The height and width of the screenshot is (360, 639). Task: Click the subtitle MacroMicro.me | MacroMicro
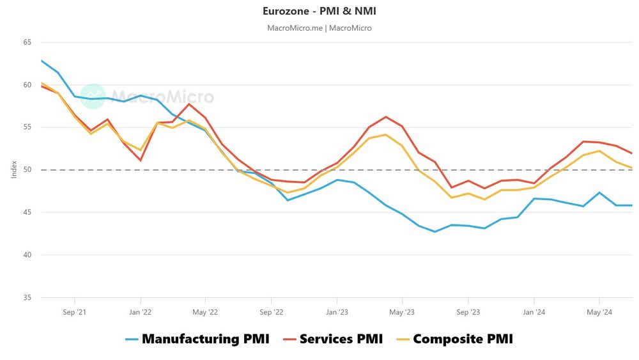pyautogui.click(x=319, y=28)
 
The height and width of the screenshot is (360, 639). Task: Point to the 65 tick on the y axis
pyautogui.click(x=27, y=42)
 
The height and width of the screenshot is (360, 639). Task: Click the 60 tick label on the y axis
pyautogui.click(x=27, y=84)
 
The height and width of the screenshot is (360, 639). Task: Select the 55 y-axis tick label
pyautogui.click(x=27, y=127)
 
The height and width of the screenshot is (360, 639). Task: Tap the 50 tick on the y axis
pyautogui.click(x=27, y=170)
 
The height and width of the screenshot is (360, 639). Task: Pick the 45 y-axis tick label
pyautogui.click(x=27, y=212)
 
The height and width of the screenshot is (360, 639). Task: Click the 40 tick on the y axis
pyautogui.click(x=27, y=255)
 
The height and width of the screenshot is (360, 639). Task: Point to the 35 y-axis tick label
pyautogui.click(x=27, y=297)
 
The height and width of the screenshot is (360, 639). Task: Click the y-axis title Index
pyautogui.click(x=14, y=170)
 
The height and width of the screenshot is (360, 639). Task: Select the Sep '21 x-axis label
pyautogui.click(x=75, y=313)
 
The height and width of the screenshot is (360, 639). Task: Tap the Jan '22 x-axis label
pyautogui.click(x=140, y=313)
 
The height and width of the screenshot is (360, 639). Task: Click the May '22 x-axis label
pyautogui.click(x=205, y=313)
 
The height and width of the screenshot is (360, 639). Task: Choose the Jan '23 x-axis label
pyautogui.click(x=337, y=313)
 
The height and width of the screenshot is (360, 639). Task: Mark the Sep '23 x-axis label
pyautogui.click(x=468, y=313)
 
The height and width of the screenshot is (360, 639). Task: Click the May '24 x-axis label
pyautogui.click(x=599, y=313)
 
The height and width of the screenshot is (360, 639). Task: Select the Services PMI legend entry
pyautogui.click(x=332, y=339)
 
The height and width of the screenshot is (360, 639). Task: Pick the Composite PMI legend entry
pyautogui.click(x=454, y=339)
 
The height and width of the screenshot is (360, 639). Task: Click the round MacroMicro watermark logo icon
pyautogui.click(x=93, y=97)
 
